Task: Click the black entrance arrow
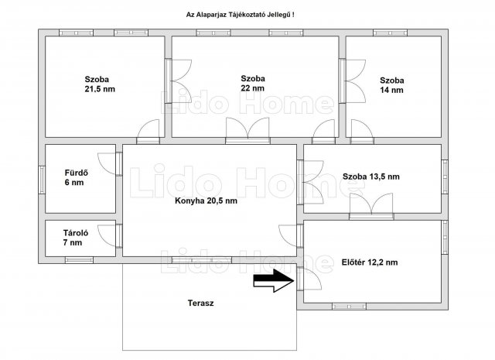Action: [x=274, y=280]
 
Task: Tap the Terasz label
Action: [x=201, y=303]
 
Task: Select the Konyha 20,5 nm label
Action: [x=206, y=201]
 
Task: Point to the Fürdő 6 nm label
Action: [x=76, y=177]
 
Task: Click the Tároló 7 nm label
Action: [x=76, y=238]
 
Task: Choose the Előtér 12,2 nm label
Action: [x=370, y=262]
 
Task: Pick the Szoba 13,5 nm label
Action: [x=371, y=177]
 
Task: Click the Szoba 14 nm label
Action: [x=392, y=85]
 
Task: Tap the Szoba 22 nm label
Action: [x=253, y=83]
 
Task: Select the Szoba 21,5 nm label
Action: [x=100, y=84]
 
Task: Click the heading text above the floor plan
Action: [x=241, y=15]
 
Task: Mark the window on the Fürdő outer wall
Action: [x=42, y=180]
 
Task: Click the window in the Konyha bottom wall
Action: [x=201, y=260]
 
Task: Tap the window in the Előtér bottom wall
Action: [x=349, y=307]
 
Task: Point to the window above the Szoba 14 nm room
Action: [x=390, y=33]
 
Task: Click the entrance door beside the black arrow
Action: [x=308, y=278]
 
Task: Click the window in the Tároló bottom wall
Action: [x=79, y=260]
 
